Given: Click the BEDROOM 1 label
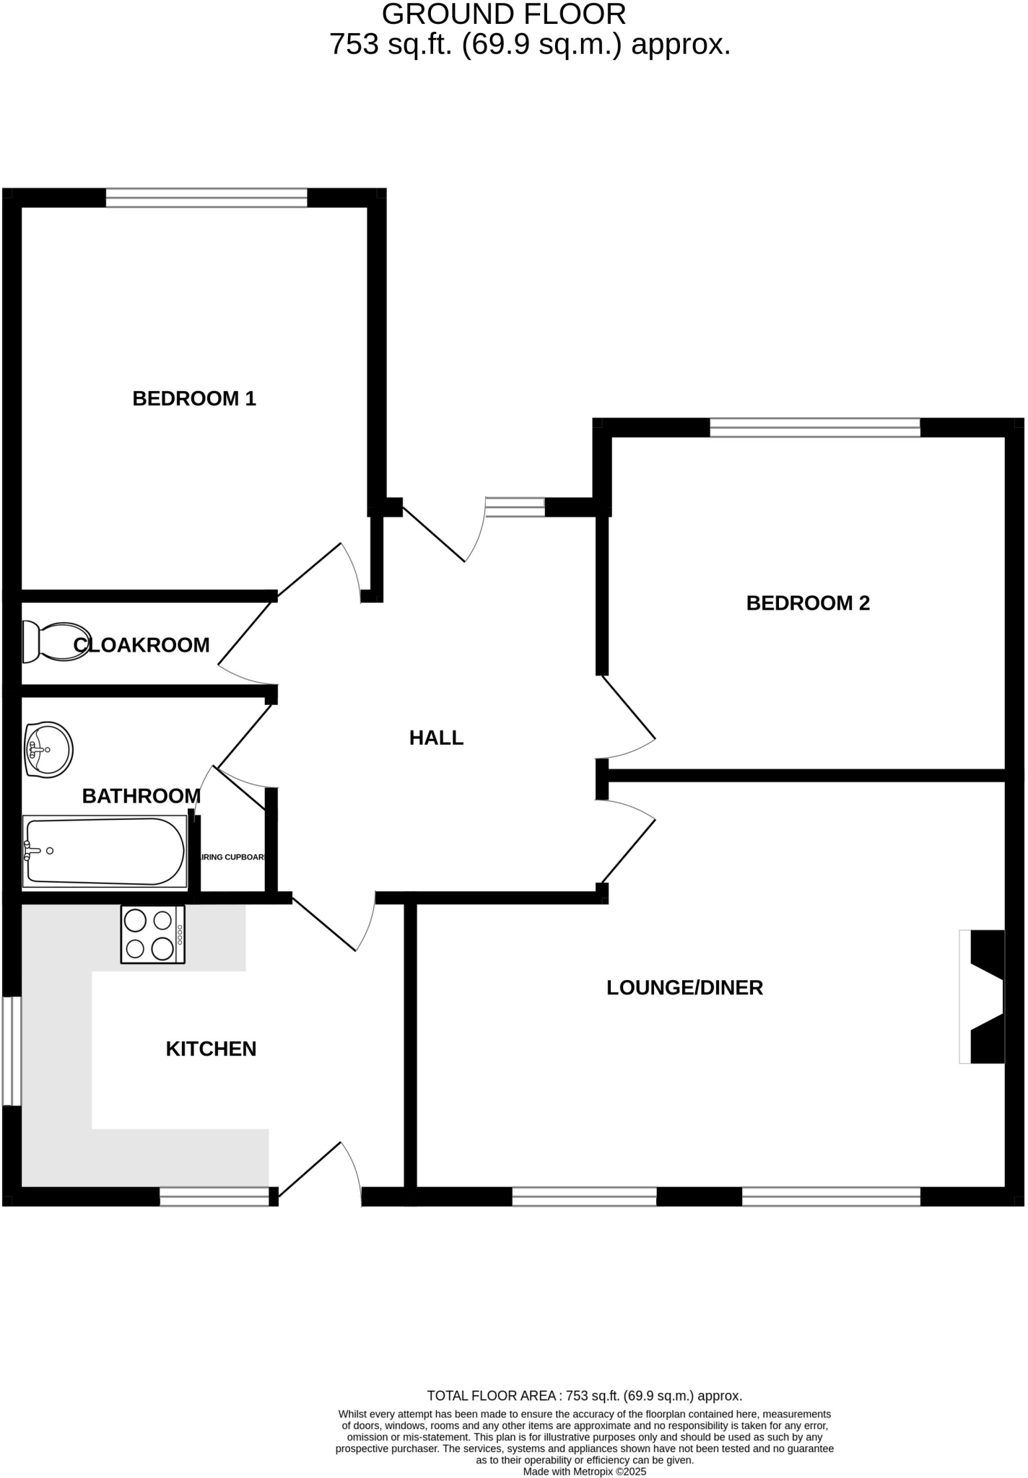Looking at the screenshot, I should [194, 398].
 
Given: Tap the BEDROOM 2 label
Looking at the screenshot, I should [808, 603].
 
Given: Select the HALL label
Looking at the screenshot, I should [436, 738].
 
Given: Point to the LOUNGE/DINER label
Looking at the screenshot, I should [684, 987].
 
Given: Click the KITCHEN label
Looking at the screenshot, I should [211, 1049].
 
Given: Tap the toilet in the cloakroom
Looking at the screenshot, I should [54, 642].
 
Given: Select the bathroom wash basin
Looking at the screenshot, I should [48, 750].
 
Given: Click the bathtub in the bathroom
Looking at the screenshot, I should [104, 852].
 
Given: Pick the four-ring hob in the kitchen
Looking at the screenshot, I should [152, 935].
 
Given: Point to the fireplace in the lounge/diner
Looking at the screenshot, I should [983, 997].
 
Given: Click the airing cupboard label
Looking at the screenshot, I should [234, 857].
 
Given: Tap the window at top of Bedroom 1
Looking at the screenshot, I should [206, 198].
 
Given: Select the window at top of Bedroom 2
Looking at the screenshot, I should [815, 427].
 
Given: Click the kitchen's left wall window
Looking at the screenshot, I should [12, 1051].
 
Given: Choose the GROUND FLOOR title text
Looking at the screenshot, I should [503, 14].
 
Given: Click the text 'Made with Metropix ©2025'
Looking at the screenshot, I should [584, 1472].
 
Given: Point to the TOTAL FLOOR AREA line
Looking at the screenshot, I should [584, 1396].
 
